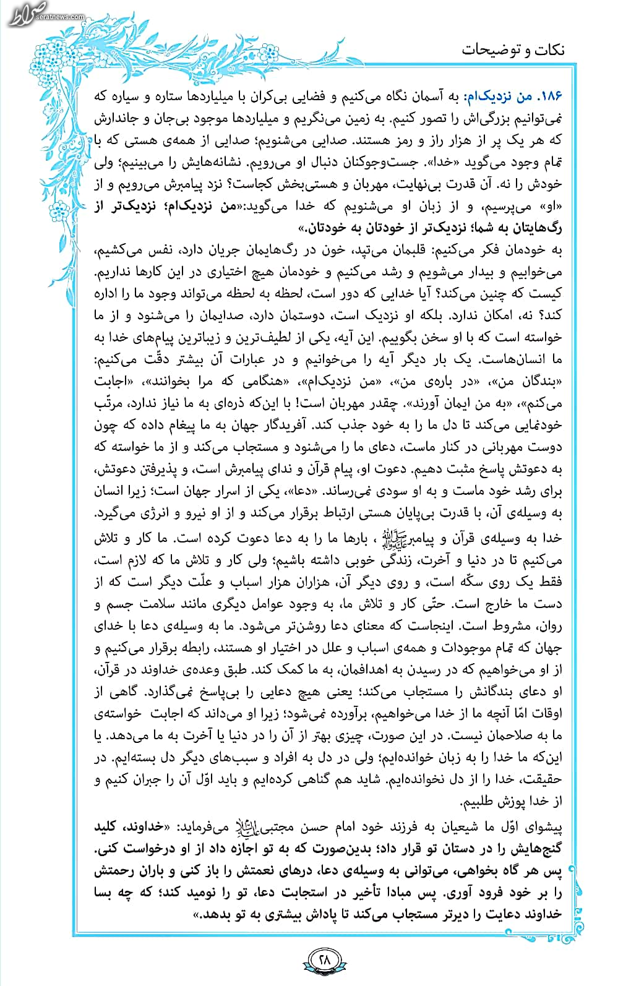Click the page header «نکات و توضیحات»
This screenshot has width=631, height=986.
click(513, 49)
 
